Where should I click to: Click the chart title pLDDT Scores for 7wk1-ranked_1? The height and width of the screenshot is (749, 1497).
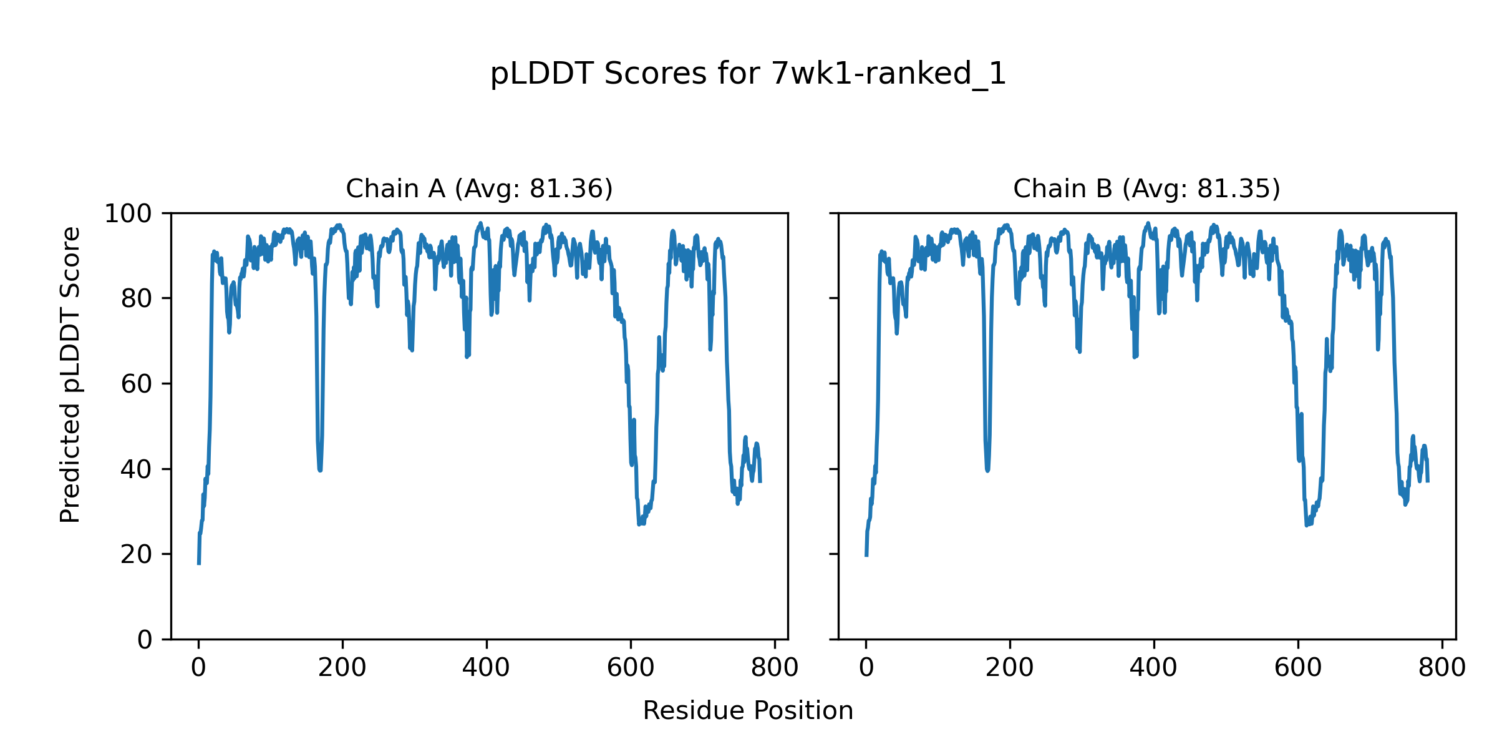(x=748, y=74)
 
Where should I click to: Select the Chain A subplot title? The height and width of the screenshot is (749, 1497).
(x=479, y=188)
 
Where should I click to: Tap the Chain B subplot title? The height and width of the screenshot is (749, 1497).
(x=1146, y=188)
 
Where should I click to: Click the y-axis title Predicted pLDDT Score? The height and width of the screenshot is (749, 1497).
(x=70, y=374)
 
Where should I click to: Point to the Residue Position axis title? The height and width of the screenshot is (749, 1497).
(x=748, y=710)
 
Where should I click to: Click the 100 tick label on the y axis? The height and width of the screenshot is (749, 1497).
(x=128, y=214)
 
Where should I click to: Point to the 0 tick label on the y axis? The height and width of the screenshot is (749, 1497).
(x=145, y=640)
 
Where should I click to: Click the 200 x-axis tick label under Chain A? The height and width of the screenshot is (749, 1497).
(x=342, y=668)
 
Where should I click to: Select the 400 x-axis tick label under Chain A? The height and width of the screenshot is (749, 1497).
(x=487, y=668)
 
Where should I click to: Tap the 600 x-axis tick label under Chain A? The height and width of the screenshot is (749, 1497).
(x=631, y=668)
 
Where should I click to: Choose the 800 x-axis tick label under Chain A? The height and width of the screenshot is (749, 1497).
(x=775, y=668)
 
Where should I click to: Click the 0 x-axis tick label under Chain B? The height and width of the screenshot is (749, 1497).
(x=866, y=668)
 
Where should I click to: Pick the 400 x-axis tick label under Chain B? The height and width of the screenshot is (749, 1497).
(x=1154, y=668)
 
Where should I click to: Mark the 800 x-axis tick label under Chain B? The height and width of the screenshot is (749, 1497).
(x=1442, y=668)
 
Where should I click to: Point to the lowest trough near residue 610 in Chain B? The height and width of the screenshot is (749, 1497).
(x=1306, y=525)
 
